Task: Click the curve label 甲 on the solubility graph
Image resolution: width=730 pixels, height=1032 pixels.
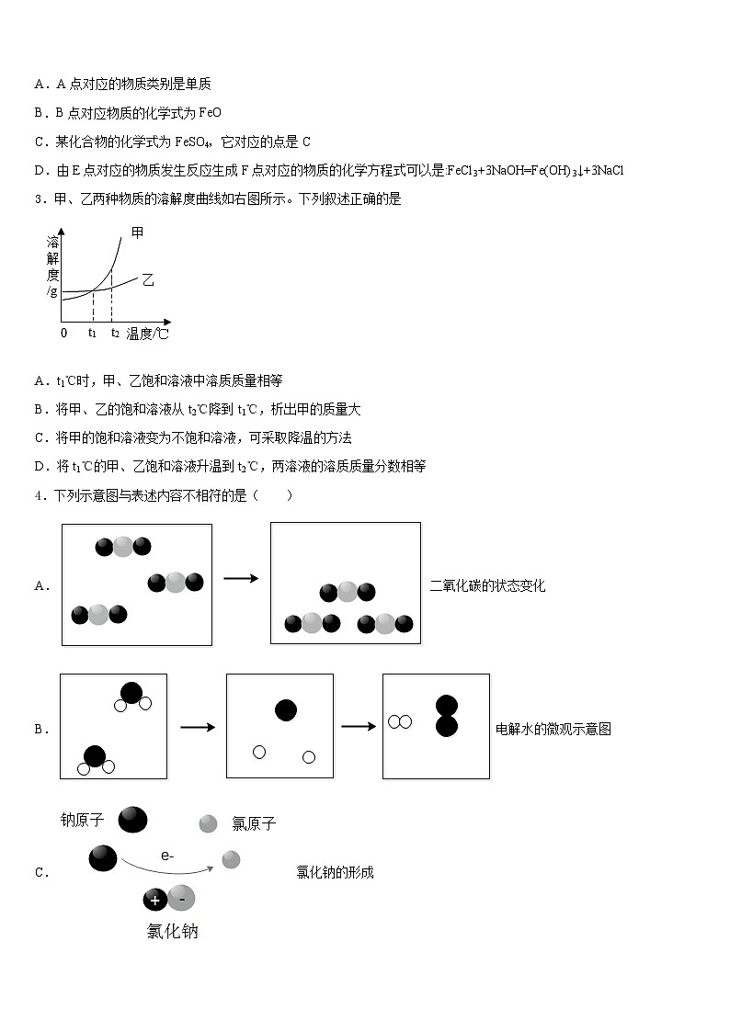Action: [x=138, y=233]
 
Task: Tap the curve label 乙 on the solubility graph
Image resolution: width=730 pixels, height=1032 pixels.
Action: [x=147, y=279]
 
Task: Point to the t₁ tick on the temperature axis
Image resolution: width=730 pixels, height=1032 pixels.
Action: [x=93, y=334]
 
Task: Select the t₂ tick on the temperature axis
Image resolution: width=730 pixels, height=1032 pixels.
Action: [x=115, y=334]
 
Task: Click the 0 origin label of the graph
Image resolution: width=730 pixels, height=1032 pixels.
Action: [x=63, y=333]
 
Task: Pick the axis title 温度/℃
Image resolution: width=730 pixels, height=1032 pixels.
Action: [x=148, y=334]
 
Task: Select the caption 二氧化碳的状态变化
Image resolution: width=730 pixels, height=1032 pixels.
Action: [x=487, y=585]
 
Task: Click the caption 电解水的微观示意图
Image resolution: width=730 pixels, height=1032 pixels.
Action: [x=553, y=729]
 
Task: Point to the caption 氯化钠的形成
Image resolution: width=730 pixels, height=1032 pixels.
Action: [x=335, y=872]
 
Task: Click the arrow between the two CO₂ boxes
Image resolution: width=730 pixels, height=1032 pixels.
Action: [x=241, y=578]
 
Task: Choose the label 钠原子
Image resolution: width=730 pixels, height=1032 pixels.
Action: [x=82, y=820]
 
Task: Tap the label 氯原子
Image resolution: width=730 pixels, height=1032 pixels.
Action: [x=254, y=824]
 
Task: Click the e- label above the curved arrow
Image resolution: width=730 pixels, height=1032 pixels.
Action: [x=167, y=856]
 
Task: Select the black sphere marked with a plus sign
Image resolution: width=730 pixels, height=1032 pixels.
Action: [x=155, y=900]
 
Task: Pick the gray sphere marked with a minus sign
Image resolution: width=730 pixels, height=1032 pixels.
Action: [x=182, y=898]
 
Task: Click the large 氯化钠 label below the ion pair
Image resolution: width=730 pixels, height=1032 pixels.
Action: [x=172, y=931]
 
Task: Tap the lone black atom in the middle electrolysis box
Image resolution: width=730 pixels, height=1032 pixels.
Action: [x=286, y=710]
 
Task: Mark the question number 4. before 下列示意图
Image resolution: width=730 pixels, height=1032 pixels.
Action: [x=40, y=495]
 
